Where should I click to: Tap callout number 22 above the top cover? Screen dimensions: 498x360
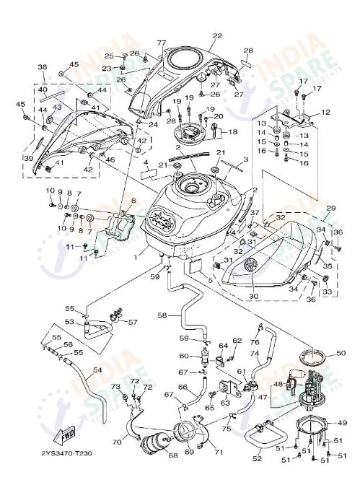(x=217, y=35)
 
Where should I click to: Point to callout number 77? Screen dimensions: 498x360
(x=162, y=43)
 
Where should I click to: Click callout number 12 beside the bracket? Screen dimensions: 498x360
(x=325, y=113)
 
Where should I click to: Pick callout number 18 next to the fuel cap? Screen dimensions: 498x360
(x=233, y=132)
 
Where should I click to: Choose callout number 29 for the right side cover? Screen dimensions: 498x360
(x=330, y=207)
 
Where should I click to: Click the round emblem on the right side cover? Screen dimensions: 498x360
(x=252, y=266)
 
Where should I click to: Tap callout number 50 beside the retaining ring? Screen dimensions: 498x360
(x=341, y=353)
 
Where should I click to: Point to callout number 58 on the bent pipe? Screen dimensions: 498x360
(x=162, y=315)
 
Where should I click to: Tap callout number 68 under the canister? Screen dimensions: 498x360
(x=172, y=455)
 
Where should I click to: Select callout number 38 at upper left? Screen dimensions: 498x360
(x=42, y=66)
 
